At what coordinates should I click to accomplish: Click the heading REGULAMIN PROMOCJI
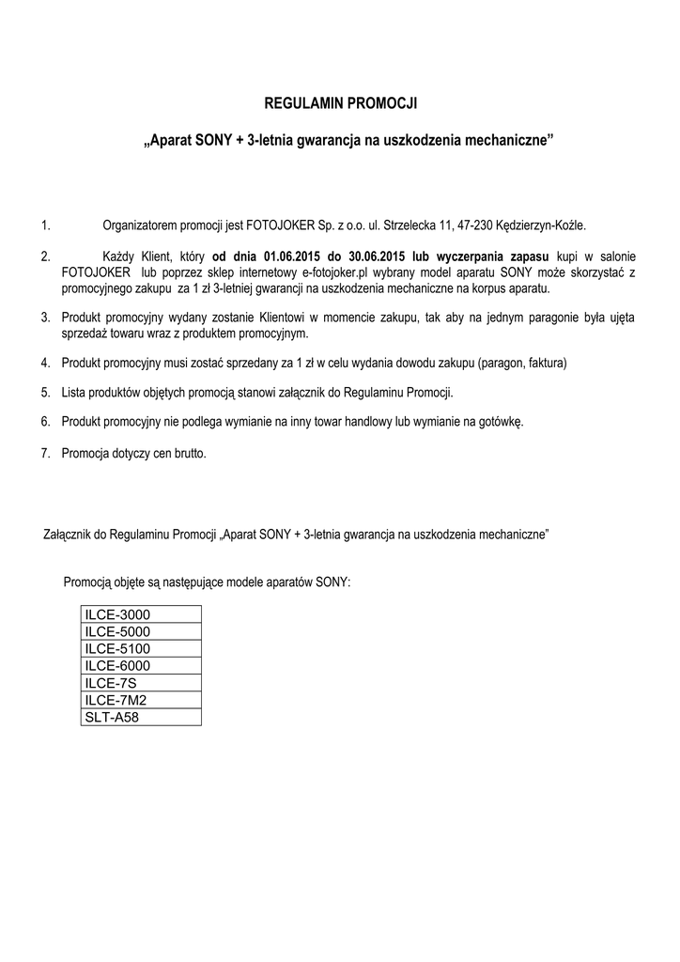click(x=339, y=102)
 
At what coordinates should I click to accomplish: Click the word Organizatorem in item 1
click(x=139, y=225)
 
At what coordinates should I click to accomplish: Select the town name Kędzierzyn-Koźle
click(x=550, y=225)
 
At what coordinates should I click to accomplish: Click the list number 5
click(x=45, y=392)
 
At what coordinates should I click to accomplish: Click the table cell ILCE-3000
click(x=142, y=615)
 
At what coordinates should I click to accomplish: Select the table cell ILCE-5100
click(x=142, y=649)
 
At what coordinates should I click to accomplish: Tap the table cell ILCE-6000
click(x=142, y=666)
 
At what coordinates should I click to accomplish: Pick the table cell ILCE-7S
click(x=142, y=683)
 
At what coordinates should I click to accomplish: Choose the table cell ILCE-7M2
click(x=142, y=700)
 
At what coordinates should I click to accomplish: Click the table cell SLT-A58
click(x=142, y=717)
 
